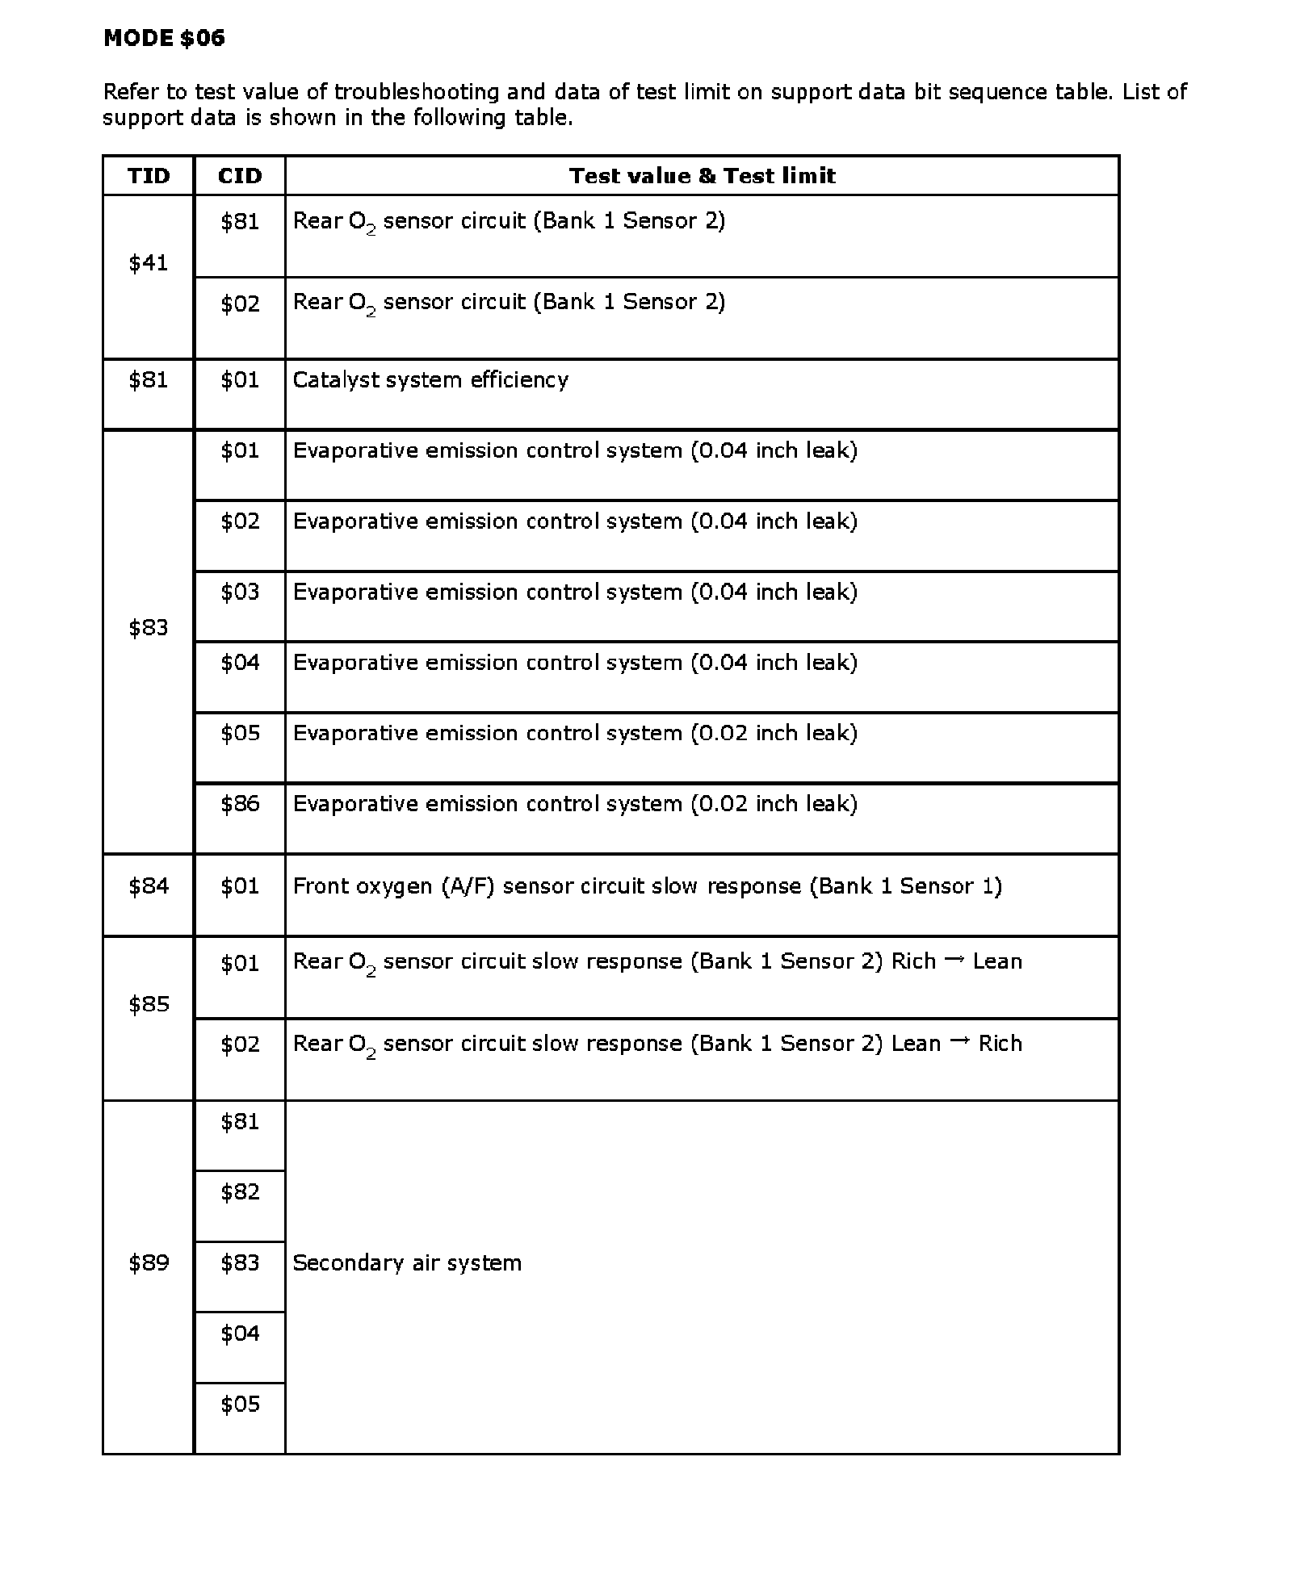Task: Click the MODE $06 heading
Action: (x=164, y=38)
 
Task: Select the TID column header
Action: (x=149, y=176)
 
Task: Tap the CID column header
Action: (x=240, y=176)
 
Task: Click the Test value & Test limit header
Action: (x=702, y=176)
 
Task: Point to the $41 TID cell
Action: (x=149, y=263)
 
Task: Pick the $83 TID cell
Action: (x=149, y=628)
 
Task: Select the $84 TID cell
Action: (x=149, y=886)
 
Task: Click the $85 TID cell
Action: (x=149, y=1004)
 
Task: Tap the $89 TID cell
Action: (x=149, y=1262)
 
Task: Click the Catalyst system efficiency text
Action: (x=430, y=380)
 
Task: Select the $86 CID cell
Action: (x=240, y=804)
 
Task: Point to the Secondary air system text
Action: (x=407, y=1263)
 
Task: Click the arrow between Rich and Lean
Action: (x=954, y=960)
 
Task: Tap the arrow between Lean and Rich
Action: (x=959, y=1042)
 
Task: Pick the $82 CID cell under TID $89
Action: (x=240, y=1192)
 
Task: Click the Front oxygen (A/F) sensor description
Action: (x=647, y=886)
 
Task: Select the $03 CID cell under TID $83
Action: (x=240, y=592)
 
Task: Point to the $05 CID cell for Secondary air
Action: (x=240, y=1405)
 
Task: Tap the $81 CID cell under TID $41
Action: (x=240, y=222)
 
